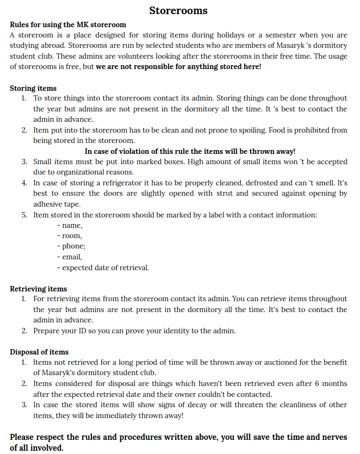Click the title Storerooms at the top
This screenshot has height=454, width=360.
(178, 10)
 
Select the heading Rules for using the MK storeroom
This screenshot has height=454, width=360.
(68, 24)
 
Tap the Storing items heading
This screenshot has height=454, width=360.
(33, 88)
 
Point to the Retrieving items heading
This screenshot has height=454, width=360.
(39, 289)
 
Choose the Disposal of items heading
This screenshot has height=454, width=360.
(39, 352)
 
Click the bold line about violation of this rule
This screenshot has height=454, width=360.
(190, 152)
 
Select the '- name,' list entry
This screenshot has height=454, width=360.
(69, 225)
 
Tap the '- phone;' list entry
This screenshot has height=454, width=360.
(71, 246)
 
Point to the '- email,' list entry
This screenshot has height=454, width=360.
(69, 257)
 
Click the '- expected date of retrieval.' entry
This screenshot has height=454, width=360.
(102, 268)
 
